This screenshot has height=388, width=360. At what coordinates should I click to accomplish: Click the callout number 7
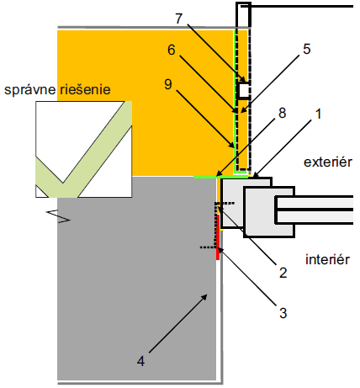pos(179,19)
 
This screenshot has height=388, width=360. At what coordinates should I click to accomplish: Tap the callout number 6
pos(172,50)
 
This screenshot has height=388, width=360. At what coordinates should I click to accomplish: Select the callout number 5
pos(307,49)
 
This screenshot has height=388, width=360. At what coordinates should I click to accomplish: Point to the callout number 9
pos(168,84)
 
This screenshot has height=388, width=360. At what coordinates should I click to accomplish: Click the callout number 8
pos(282,113)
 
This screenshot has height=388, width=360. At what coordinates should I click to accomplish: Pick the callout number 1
pos(318,114)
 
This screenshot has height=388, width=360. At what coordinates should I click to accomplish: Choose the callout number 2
pos(283,273)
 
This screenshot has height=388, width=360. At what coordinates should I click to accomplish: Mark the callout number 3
pos(283,313)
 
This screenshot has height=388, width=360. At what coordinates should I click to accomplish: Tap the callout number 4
pos(140,361)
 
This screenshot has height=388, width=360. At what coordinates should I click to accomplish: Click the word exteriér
pos(328,162)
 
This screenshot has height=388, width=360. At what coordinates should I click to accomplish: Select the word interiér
pos(327,259)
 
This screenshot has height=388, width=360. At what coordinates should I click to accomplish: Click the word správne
pos(30,90)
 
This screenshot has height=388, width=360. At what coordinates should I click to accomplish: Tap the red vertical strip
pos(218,237)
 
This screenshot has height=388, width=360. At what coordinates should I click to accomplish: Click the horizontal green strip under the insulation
pos(221,177)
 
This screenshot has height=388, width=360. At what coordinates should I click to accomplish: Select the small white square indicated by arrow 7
pos(243,91)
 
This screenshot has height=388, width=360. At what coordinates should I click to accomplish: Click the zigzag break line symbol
pos(58,216)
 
